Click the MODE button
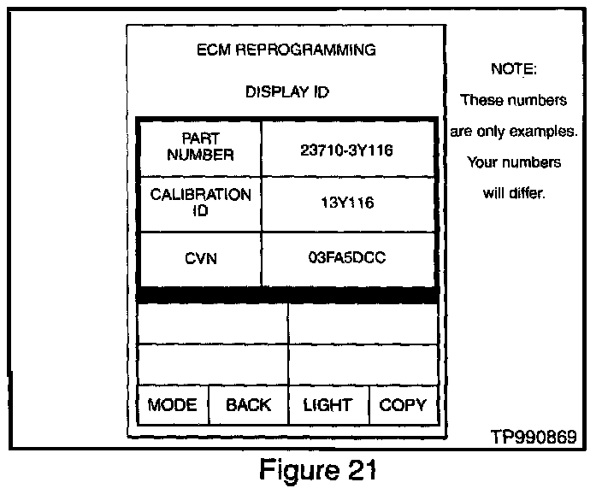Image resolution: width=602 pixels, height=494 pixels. (x=172, y=405)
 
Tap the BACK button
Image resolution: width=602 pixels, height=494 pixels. (x=248, y=405)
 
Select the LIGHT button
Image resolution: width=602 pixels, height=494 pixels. (x=328, y=405)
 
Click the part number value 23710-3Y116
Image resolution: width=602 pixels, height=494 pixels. (x=346, y=149)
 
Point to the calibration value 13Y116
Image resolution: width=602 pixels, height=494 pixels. (x=346, y=203)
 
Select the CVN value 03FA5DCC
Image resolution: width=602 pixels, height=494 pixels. (x=347, y=257)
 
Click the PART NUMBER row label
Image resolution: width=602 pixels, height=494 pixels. (x=200, y=147)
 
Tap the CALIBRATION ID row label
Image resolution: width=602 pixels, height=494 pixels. (x=200, y=203)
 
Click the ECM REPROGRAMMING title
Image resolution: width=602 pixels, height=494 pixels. (x=286, y=50)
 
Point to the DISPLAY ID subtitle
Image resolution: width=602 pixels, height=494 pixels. (x=286, y=91)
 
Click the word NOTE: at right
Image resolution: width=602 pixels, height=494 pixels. (x=513, y=69)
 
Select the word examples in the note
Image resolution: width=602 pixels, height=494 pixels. (x=546, y=132)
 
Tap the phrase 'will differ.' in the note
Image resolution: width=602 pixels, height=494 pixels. (x=513, y=193)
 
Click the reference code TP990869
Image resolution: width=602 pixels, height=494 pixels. (x=533, y=436)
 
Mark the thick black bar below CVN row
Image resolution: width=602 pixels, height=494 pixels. (x=287, y=296)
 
